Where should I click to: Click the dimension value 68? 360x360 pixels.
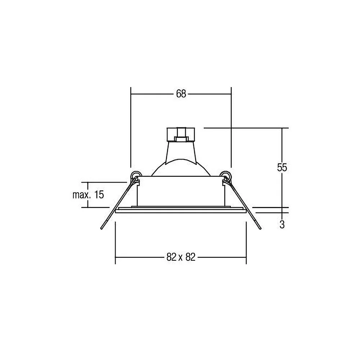click(x=181, y=94)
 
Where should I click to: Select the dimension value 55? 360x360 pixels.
click(x=282, y=167)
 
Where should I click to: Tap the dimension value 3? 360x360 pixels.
click(x=282, y=224)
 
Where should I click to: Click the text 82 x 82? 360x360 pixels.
click(x=181, y=257)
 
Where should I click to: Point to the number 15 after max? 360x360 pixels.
click(x=99, y=195)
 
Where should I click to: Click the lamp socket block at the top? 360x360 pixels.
click(x=181, y=134)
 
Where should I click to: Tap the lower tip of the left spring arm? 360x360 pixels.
click(x=101, y=229)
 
